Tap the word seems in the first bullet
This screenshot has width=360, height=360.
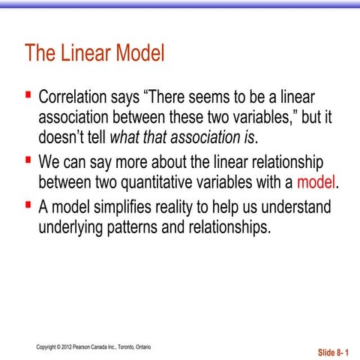point(217,97)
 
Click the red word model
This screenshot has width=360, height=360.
point(317,182)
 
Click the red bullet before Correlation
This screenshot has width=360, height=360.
point(28,95)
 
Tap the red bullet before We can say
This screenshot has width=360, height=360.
point(28,160)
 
